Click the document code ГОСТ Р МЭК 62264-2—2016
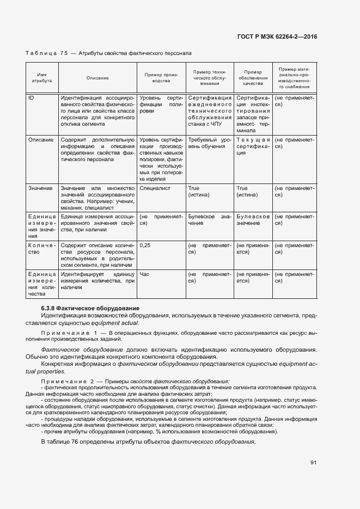click(x=277, y=37)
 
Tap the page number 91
click(x=314, y=463)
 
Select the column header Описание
click(x=97, y=78)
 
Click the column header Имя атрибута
click(x=41, y=78)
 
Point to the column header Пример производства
click(x=161, y=78)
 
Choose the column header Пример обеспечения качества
click(x=253, y=78)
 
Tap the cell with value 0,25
click(x=145, y=246)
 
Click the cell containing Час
click(x=144, y=274)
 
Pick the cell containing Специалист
click(x=155, y=188)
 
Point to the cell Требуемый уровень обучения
click(x=209, y=143)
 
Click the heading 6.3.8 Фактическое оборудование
click(x=87, y=309)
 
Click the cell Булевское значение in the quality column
click(x=253, y=220)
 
